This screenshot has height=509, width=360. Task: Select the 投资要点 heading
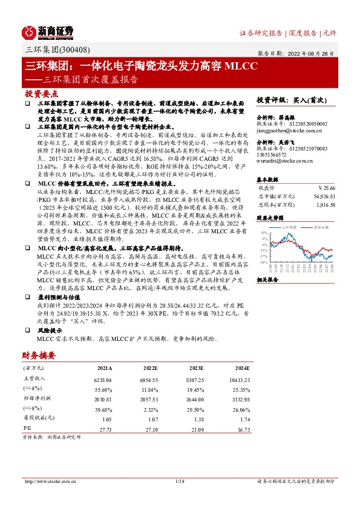[x=41, y=95]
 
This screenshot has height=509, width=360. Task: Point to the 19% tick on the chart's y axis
[x=264, y=232]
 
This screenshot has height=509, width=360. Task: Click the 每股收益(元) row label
[x=38, y=419]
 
